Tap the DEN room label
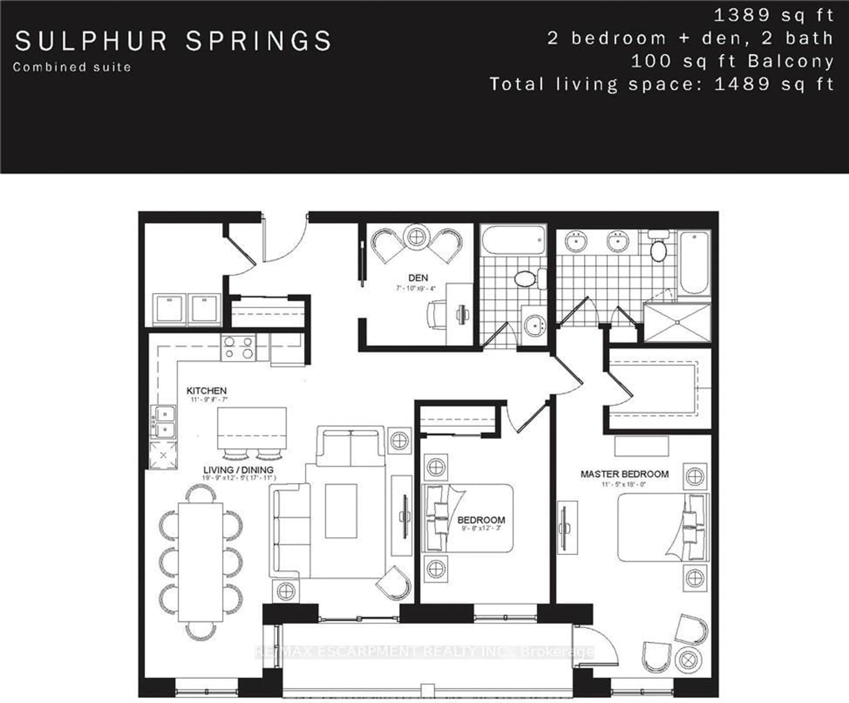coord(418,278)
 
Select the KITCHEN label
coord(206,391)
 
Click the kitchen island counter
coord(252,428)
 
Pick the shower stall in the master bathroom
coord(677,322)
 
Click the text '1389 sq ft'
coord(773,15)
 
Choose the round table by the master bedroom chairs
coord(687,660)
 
